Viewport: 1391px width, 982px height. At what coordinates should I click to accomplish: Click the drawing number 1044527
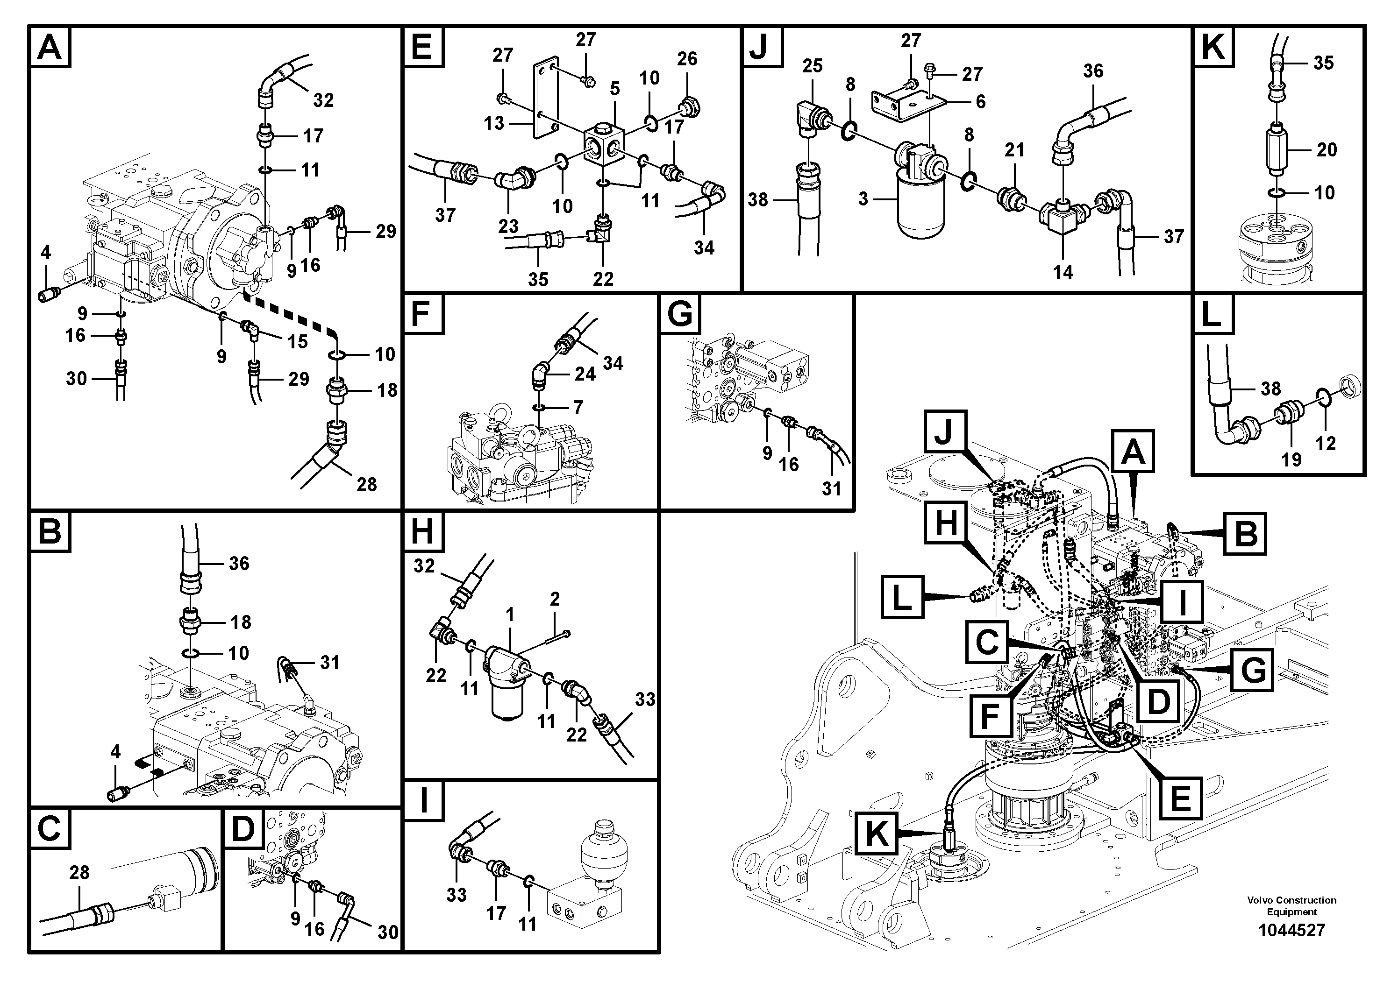tap(1291, 930)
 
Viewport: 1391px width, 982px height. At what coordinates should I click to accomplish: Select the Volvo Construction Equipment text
tap(1291, 906)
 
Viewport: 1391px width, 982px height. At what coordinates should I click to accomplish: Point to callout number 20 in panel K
tap(1326, 149)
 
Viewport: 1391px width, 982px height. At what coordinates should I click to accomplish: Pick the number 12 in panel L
tap(1326, 443)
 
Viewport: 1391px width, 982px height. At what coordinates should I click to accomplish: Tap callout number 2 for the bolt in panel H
tap(554, 600)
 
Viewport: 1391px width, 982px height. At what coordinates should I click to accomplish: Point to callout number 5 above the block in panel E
tap(614, 89)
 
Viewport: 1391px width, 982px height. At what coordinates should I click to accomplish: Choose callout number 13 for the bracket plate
tap(494, 123)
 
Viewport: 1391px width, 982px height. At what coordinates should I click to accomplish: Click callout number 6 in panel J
tap(980, 102)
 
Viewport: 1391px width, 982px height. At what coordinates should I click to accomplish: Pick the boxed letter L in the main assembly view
tap(902, 600)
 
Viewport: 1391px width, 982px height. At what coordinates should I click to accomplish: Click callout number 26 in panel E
tap(687, 59)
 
